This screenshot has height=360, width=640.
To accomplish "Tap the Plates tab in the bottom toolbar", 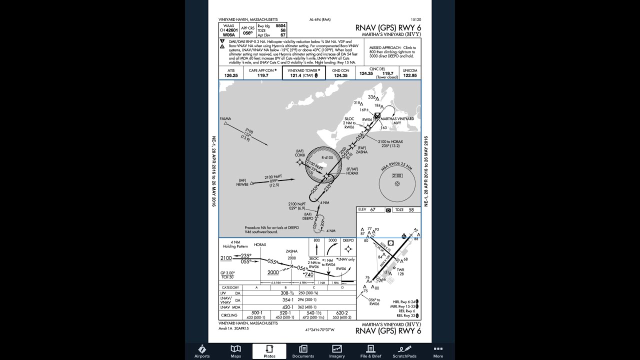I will click(269, 351).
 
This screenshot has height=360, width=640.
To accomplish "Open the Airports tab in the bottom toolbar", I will click(202, 351).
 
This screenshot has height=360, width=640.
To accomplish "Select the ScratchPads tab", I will click(404, 351).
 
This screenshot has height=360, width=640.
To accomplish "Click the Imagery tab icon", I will click(337, 351).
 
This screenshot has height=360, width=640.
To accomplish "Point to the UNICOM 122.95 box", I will click(409, 73).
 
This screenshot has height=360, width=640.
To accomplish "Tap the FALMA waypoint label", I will click(225, 119).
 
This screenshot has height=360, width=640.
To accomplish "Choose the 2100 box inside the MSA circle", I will click(397, 176).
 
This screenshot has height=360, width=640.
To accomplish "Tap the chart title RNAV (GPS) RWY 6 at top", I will click(388, 28).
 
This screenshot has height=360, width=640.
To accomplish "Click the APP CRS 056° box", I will click(247, 31).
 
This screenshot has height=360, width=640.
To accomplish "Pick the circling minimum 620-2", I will click(342, 313).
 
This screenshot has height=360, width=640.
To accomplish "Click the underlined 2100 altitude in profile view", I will click(226, 258).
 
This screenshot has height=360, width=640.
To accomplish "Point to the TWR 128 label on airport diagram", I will click(400, 271).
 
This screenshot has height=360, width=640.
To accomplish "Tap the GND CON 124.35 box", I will click(340, 73).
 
